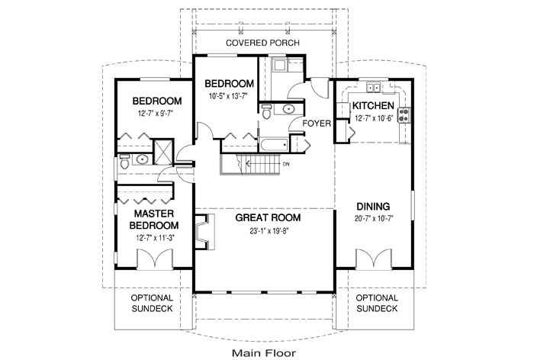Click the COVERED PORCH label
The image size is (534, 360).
[262, 43]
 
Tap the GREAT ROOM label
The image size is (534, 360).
[268, 217]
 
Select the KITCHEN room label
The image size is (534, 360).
[373, 105]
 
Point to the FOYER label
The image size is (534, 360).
[317, 124]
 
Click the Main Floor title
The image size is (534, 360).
[264, 353]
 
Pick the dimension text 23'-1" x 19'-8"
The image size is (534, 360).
[269, 231]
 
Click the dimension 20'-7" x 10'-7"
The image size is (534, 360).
[374, 219]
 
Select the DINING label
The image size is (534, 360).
[373, 207]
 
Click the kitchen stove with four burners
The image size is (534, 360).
[404, 114]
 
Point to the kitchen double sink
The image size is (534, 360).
[374, 88]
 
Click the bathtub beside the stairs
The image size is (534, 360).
[274, 145]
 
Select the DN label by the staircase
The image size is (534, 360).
[286, 164]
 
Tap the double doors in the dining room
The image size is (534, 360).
[374, 258]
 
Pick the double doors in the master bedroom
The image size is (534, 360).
[155, 259]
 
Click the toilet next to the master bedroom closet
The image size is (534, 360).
[124, 162]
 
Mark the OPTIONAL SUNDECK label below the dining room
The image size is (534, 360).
[377, 303]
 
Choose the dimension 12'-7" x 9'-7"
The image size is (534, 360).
[156, 113]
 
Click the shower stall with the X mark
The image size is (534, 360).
[163, 153]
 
